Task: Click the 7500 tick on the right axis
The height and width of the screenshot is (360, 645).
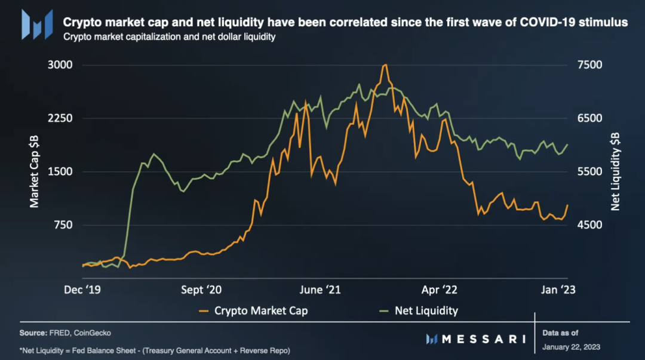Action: click(588, 65)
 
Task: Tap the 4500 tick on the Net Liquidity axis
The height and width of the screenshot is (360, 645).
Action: click(588, 225)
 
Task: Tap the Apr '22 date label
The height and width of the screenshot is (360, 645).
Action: click(440, 290)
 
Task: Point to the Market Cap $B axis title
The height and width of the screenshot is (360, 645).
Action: click(35, 171)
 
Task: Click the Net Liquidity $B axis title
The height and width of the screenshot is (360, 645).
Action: click(615, 171)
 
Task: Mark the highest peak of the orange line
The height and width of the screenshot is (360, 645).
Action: click(386, 64)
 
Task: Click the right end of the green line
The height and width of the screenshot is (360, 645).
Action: click(567, 144)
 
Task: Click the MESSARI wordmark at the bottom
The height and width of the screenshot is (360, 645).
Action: click(483, 339)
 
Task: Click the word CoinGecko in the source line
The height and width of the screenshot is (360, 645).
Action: click(93, 333)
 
